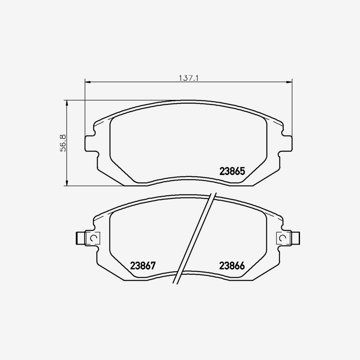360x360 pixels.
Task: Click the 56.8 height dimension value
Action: (x=62, y=143)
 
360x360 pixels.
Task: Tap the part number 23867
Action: (x=142, y=266)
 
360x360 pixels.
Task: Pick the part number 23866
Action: (x=232, y=266)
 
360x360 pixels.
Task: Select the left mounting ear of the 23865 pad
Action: (x=91, y=143)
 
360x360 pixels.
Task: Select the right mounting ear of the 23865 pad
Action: (x=286, y=143)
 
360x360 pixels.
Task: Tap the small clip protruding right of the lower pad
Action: (x=296, y=238)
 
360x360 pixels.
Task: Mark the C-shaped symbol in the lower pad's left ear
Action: (x=94, y=238)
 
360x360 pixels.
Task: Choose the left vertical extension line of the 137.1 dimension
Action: (x=85, y=108)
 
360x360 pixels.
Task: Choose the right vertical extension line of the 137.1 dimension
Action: (x=292, y=108)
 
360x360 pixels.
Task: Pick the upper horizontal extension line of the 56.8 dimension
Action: (x=120, y=100)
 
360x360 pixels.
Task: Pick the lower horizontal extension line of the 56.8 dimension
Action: (x=96, y=186)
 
